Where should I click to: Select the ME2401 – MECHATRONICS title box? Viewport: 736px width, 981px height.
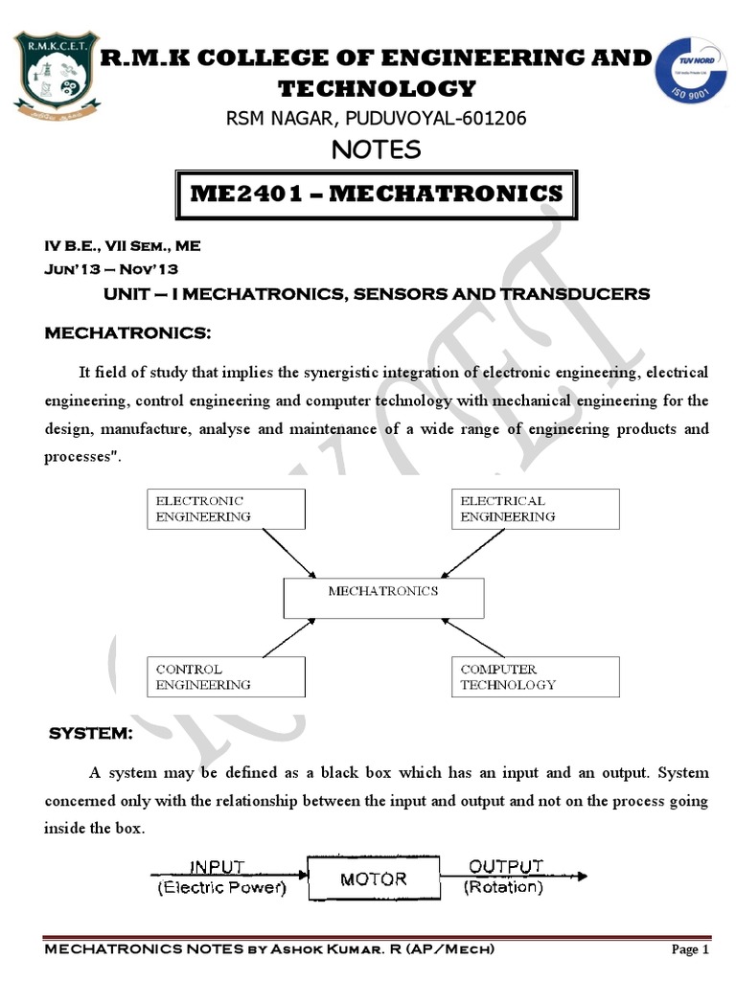376,194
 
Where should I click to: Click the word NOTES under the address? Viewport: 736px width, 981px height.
376,149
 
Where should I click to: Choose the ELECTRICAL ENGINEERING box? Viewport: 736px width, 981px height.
535,508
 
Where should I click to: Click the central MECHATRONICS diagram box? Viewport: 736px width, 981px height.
383,598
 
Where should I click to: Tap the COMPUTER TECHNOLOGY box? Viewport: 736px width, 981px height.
535,676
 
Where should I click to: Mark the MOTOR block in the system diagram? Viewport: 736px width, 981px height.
374,878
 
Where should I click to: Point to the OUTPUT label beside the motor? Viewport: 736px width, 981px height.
505,866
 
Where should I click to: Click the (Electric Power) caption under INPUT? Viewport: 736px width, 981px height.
221,887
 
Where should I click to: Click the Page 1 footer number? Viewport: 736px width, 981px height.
690,949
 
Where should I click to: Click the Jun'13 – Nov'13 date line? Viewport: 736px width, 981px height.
111,269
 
